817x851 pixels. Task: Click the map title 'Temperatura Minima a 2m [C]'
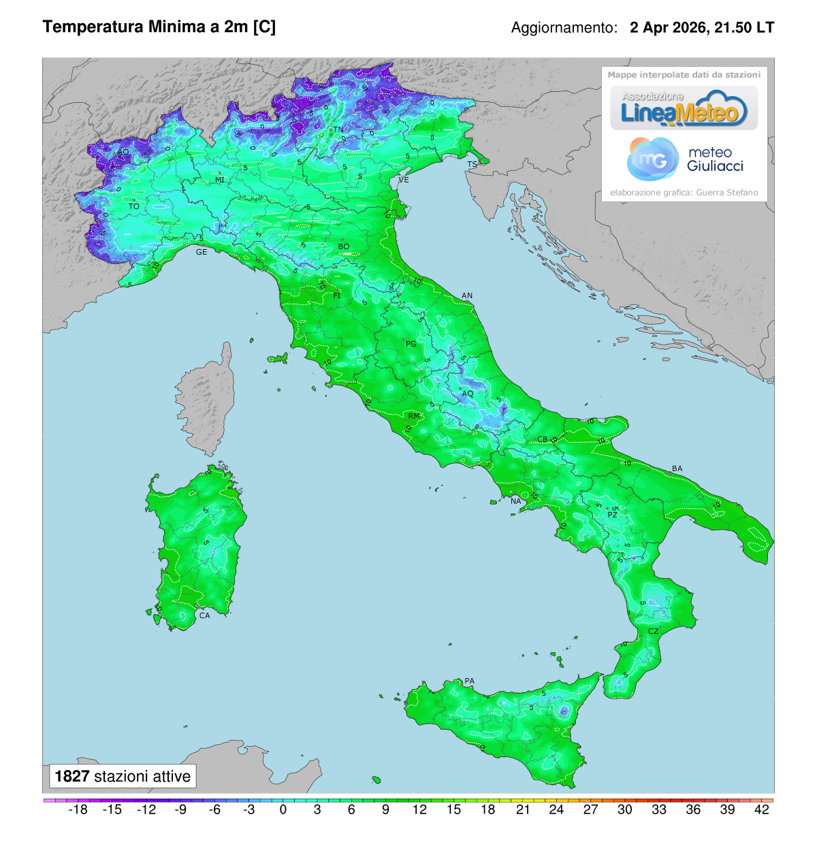tap(159, 27)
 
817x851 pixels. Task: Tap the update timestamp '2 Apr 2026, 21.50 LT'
tap(701, 28)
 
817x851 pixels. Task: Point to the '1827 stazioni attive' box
tap(123, 776)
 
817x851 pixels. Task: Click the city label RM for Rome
tap(414, 416)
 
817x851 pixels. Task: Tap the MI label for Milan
tap(219, 180)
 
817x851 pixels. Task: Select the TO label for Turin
tap(134, 206)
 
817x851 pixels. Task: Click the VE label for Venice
tap(404, 180)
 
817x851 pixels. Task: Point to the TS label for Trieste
tap(472, 165)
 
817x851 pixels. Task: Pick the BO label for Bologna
tap(344, 246)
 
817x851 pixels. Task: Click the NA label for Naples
tap(515, 502)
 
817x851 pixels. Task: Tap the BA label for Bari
tap(677, 468)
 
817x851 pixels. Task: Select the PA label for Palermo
tap(469, 681)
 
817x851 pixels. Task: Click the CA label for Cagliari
tap(204, 615)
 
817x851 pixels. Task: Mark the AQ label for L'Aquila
tap(468, 394)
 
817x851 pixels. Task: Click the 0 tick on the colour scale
tap(283, 809)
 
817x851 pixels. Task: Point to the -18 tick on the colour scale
tap(78, 809)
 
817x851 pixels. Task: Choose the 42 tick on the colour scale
tap(762, 809)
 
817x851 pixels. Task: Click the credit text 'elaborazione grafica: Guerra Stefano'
tap(684, 193)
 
